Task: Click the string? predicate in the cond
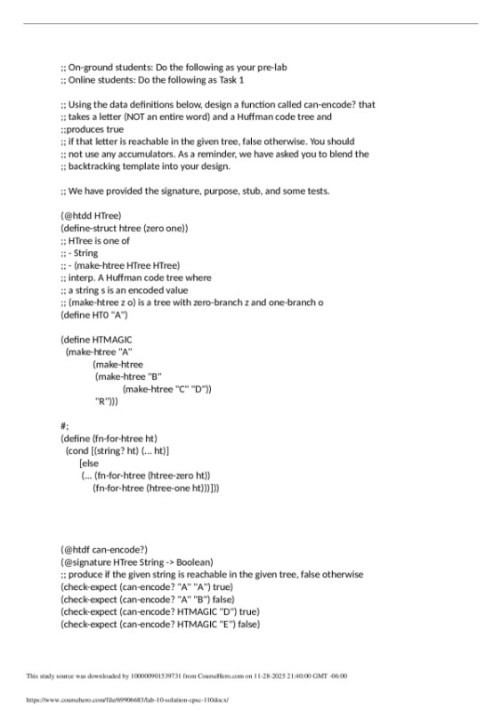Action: click(110, 451)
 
